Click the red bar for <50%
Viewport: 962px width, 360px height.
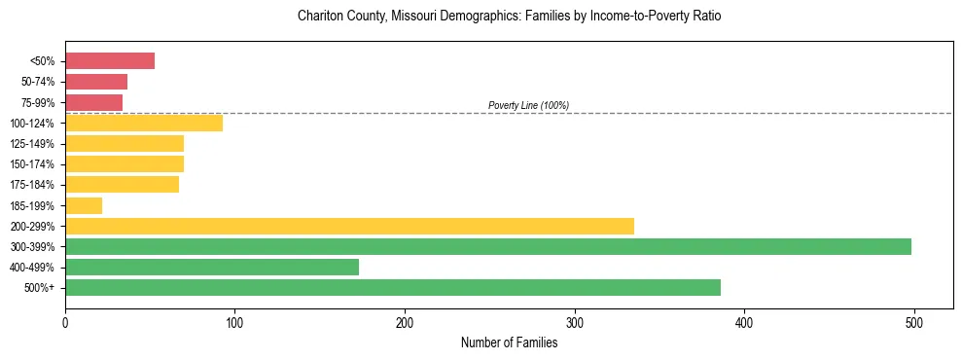pyautogui.click(x=110, y=61)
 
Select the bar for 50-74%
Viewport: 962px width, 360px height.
pyautogui.click(x=96, y=82)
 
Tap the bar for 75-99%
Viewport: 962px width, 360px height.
pyautogui.click(x=93, y=102)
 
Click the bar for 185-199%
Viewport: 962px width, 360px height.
pyautogui.click(x=84, y=205)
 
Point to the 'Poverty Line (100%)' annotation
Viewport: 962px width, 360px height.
pyautogui.click(x=528, y=105)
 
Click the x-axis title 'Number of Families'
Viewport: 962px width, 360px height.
pyautogui.click(x=509, y=342)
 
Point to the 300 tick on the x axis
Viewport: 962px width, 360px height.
pyautogui.click(x=575, y=321)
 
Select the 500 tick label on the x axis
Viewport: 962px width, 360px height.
pyautogui.click(x=914, y=321)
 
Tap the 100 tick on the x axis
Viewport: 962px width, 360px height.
pyautogui.click(x=234, y=321)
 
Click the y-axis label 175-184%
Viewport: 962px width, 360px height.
pyautogui.click(x=35, y=185)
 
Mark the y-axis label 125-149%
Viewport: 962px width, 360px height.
pyautogui.click(x=35, y=144)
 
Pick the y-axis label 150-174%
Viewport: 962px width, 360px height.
pyautogui.click(x=35, y=164)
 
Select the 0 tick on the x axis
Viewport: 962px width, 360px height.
pyautogui.click(x=65, y=321)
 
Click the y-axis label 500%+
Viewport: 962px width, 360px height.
pyautogui.click(x=41, y=288)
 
